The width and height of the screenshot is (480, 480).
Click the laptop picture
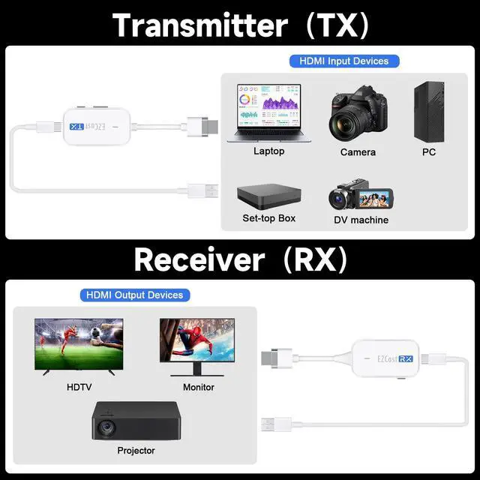pyautogui.click(x=268, y=113)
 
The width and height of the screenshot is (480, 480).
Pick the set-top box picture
pyautogui.click(x=268, y=194)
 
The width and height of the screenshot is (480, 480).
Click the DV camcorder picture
pyautogui.click(x=357, y=195)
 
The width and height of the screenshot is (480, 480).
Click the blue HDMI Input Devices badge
pyautogui.click(x=344, y=61)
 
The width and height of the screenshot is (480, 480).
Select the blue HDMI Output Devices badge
pyautogui.click(x=135, y=295)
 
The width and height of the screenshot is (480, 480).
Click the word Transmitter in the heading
pyautogui.click(x=199, y=25)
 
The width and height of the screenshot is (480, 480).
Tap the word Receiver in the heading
pyautogui.click(x=199, y=259)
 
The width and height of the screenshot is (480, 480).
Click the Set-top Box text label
pyautogui.click(x=268, y=218)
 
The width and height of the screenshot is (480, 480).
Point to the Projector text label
pyautogui.click(x=136, y=451)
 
